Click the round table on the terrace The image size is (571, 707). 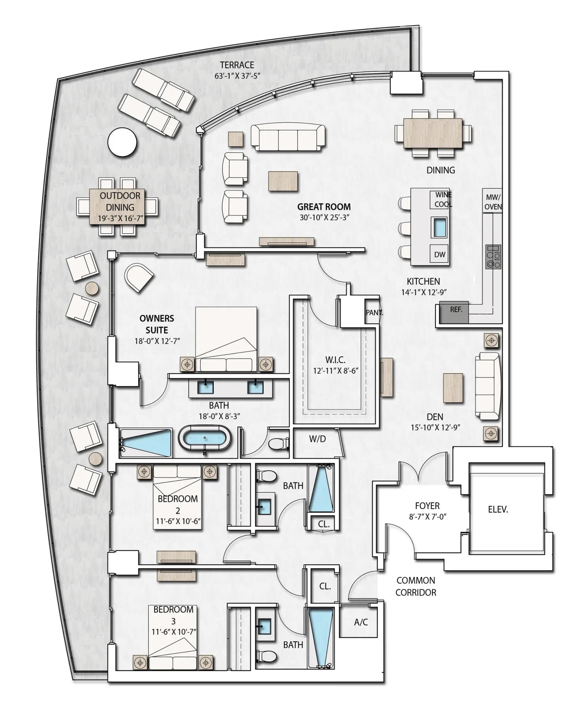(x=122, y=142)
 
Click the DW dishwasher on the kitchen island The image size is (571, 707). (x=439, y=255)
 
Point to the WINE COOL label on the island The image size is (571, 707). (x=443, y=199)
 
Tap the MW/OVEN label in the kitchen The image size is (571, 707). (x=493, y=202)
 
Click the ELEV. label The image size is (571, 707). (x=498, y=509)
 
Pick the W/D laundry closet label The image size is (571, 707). (x=317, y=439)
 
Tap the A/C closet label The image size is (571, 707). (x=361, y=622)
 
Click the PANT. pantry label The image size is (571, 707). (x=374, y=313)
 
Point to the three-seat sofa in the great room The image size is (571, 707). (x=288, y=138)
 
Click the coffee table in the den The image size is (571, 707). (x=453, y=388)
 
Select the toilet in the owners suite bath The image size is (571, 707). (x=278, y=444)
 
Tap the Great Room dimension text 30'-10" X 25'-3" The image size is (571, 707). (x=324, y=218)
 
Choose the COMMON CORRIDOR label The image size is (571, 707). (x=415, y=586)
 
